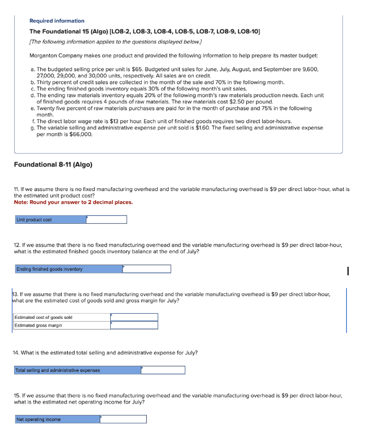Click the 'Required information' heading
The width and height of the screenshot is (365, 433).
pyautogui.click(x=57, y=21)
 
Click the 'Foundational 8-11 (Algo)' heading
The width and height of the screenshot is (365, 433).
pyautogui.click(x=53, y=164)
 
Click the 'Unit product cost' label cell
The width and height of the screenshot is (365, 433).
pyautogui.click(x=50, y=219)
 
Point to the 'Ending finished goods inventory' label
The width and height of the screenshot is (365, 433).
pyautogui.click(x=68, y=269)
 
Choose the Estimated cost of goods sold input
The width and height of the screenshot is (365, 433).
pyautogui.click(x=134, y=318)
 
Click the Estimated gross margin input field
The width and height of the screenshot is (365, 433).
pyautogui.click(x=134, y=325)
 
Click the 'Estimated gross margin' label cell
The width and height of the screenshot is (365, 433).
pyautogui.click(x=62, y=325)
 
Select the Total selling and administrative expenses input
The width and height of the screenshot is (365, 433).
pyautogui.click(x=163, y=370)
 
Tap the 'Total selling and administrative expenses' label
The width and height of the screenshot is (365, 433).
pyautogui.click(x=77, y=370)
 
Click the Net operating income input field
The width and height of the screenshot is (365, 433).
pyautogui.click(x=123, y=419)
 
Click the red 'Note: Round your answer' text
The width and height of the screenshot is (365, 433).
pyautogui.click(x=73, y=202)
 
